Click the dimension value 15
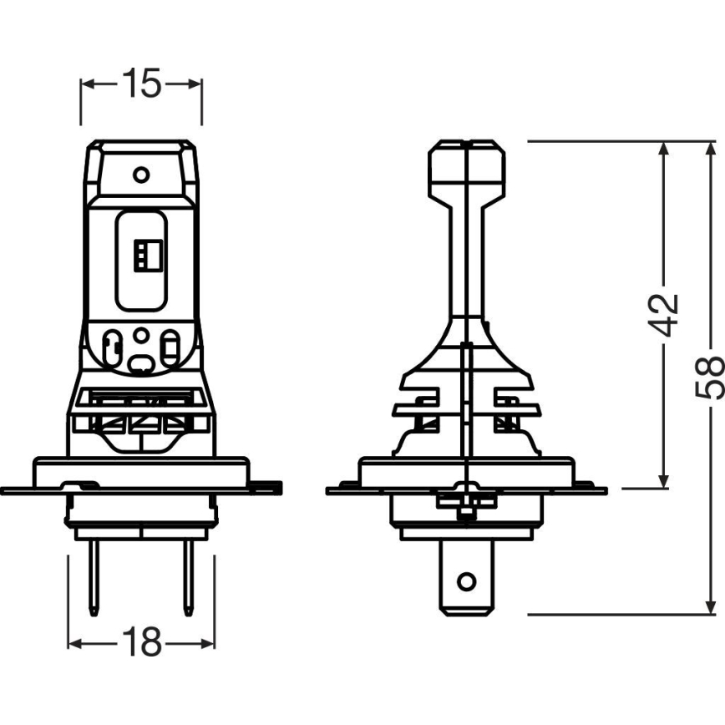[141, 84]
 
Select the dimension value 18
[140, 642]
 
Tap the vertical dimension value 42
[666, 314]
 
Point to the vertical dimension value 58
[710, 378]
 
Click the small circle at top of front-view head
[141, 175]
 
